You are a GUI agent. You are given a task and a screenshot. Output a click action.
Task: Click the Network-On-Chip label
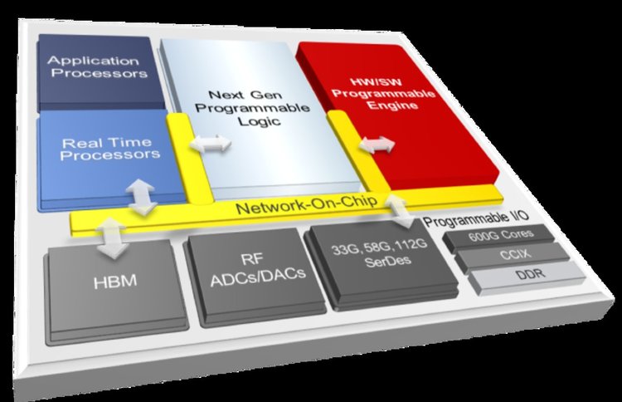(306, 204)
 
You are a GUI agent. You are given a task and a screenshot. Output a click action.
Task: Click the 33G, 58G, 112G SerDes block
(381, 262)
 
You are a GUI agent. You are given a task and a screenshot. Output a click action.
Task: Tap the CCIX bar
(514, 255)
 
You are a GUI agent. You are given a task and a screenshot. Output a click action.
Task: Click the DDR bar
(528, 275)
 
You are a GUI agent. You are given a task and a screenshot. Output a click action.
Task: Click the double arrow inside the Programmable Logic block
(211, 144)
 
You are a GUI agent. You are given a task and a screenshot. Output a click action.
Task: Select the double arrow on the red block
(377, 145)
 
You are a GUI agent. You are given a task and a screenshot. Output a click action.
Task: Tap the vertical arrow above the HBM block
(111, 238)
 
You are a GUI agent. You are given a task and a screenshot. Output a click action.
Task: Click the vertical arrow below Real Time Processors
(141, 197)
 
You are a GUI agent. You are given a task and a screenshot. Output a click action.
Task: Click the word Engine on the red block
(392, 105)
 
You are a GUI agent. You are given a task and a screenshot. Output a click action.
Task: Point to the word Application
(93, 61)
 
